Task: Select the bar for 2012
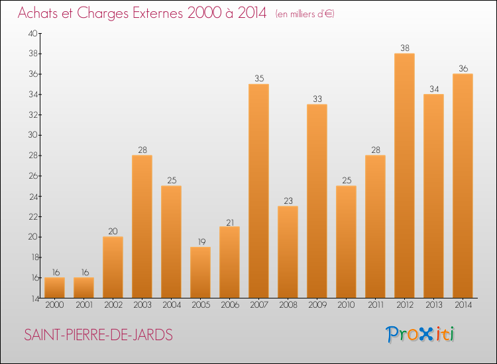tap(404, 175)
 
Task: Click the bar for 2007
tap(258, 191)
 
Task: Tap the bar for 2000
tap(54, 288)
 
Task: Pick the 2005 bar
tap(200, 273)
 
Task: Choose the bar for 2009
tap(317, 201)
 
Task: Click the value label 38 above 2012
tap(404, 48)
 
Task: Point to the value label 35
tap(258, 79)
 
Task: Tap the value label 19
tap(200, 242)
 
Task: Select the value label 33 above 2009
tap(317, 99)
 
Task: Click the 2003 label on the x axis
tap(142, 304)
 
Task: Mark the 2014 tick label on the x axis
tap(463, 304)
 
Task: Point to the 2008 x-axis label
tap(288, 304)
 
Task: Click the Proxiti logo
tap(420, 334)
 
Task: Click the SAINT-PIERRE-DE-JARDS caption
tap(99, 336)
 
